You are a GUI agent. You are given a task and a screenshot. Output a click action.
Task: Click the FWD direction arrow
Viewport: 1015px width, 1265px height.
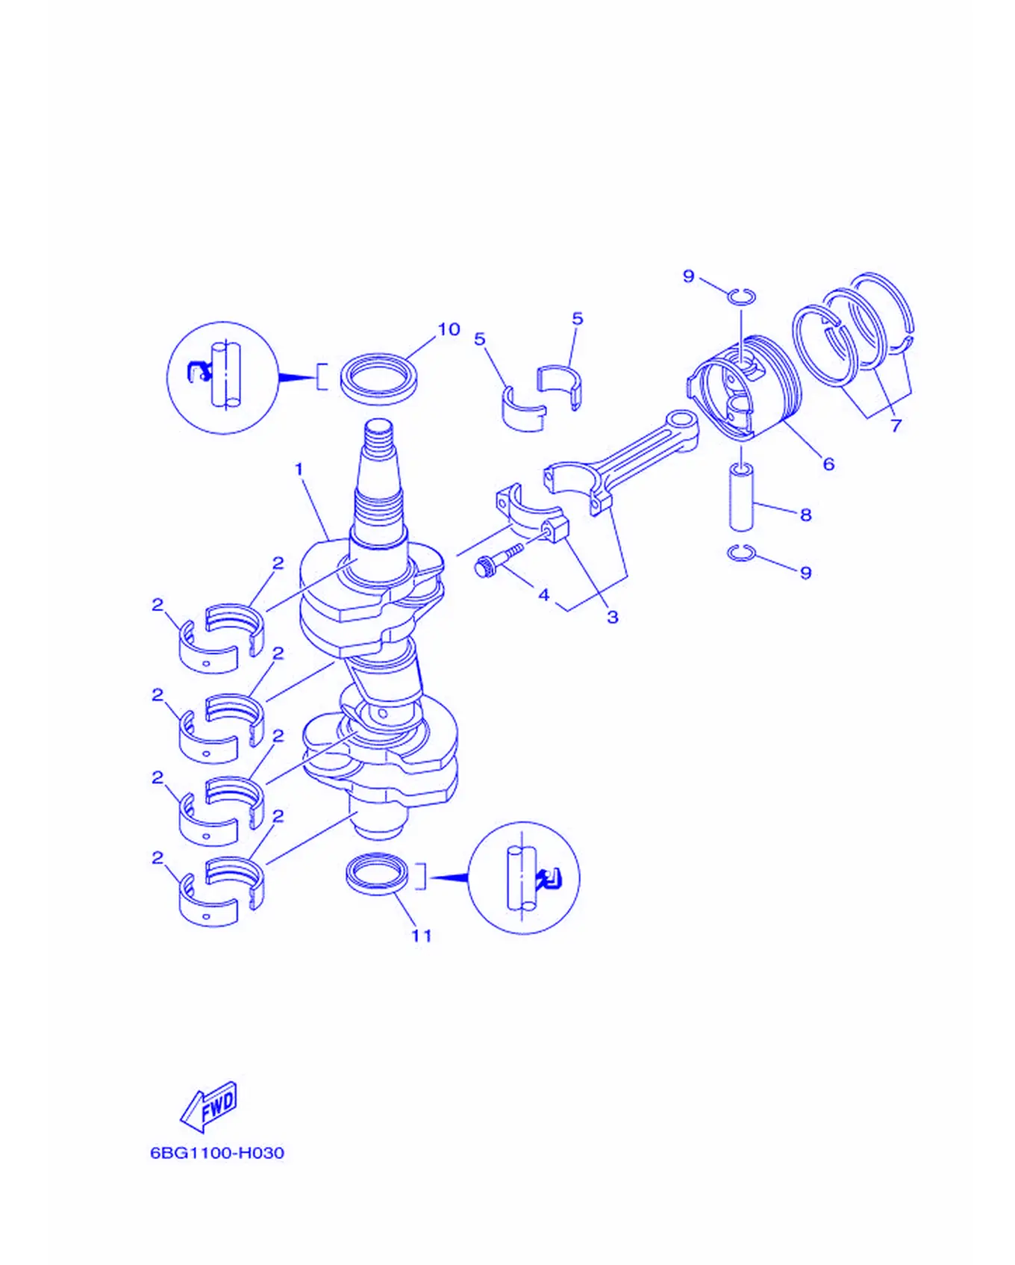[209, 1107]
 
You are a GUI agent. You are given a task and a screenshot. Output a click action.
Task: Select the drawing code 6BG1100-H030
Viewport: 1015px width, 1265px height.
[217, 1153]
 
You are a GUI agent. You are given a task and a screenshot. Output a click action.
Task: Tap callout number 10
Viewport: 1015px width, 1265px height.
[449, 329]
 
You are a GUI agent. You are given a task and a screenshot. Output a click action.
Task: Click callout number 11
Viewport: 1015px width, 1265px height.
[422, 936]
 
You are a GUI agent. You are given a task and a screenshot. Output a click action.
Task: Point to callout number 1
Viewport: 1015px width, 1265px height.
[299, 469]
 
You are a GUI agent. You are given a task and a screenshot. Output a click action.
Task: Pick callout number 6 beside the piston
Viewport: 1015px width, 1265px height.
[828, 464]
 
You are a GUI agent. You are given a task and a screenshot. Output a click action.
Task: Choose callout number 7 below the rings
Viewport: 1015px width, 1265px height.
[896, 425]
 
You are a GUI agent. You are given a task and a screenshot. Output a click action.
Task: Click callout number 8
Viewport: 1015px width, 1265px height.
[805, 515]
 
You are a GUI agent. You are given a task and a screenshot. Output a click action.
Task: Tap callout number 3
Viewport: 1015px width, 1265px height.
[612, 618]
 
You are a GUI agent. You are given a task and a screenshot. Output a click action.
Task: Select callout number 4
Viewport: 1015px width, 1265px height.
[544, 594]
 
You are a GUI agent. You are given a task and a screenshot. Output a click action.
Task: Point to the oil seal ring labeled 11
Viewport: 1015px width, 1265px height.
[378, 874]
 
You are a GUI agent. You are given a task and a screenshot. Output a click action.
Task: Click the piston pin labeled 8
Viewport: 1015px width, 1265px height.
[741, 497]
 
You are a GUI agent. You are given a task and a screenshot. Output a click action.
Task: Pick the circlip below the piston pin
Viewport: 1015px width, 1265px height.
[741, 553]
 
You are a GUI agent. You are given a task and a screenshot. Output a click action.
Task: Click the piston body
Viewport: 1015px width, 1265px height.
[743, 386]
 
